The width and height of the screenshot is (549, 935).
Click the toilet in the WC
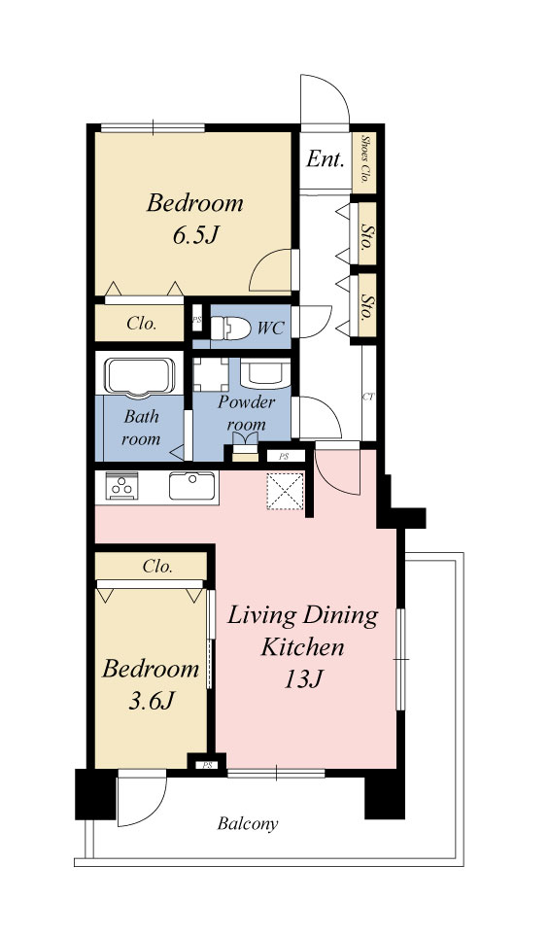(230, 329)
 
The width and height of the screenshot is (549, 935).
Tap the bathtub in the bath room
(140, 377)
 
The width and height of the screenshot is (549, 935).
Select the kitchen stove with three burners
(122, 486)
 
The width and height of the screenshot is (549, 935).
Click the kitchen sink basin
(192, 486)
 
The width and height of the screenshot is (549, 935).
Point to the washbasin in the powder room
(265, 373)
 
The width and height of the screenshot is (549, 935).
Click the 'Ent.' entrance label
(326, 158)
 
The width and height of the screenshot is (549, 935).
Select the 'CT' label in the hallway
(368, 397)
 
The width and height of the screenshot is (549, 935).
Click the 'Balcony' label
(248, 824)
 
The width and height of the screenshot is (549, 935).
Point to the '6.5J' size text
(193, 235)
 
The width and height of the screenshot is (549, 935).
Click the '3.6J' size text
(151, 701)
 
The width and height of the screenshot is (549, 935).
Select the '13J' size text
(303, 679)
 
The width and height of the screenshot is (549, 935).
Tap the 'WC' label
(271, 328)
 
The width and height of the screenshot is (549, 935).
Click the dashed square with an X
(285, 491)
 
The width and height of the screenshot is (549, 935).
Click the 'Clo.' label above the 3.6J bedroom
(158, 566)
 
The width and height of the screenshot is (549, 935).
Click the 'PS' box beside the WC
(196, 319)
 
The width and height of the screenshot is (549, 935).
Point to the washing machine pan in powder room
(211, 374)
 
